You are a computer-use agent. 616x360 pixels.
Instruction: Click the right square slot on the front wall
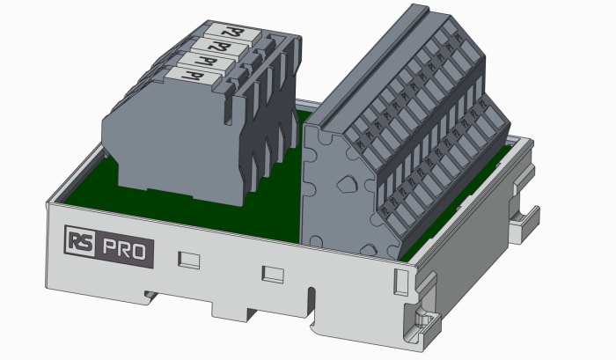tap(273, 273)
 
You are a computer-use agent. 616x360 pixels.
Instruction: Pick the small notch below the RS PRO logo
tap(145, 292)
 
